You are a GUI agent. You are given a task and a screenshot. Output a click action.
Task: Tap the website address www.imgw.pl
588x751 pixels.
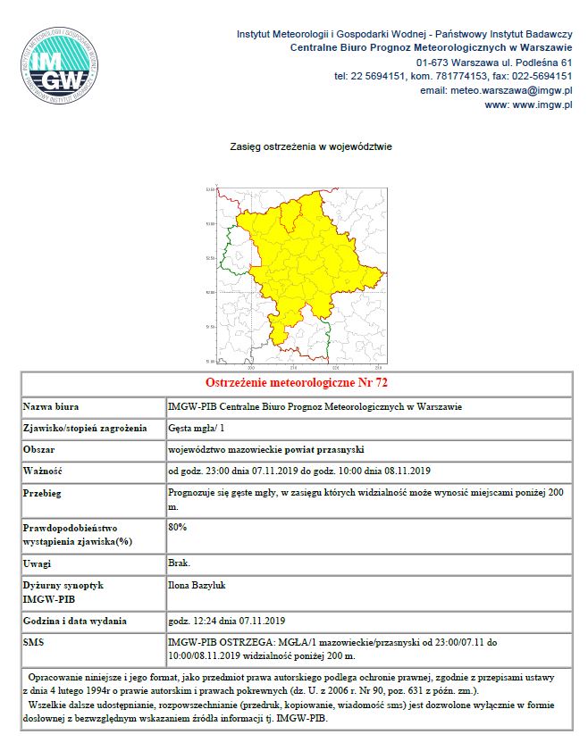pyautogui.click(x=527, y=104)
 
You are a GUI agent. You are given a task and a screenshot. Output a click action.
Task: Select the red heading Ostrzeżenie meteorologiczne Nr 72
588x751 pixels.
pyautogui.click(x=297, y=383)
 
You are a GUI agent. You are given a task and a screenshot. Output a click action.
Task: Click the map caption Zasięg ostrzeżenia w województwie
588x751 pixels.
pyautogui.click(x=310, y=146)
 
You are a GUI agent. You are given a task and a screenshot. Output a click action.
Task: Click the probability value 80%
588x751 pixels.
pyautogui.click(x=178, y=527)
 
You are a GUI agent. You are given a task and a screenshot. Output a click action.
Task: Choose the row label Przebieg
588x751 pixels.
pyautogui.click(x=43, y=493)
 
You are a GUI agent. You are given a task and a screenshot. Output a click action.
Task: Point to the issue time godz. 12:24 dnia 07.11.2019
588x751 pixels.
pyautogui.click(x=226, y=622)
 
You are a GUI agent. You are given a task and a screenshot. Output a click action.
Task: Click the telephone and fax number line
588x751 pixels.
pyautogui.click(x=452, y=76)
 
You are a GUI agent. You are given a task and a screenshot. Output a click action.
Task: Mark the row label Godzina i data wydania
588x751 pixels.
pyautogui.click(x=75, y=622)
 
